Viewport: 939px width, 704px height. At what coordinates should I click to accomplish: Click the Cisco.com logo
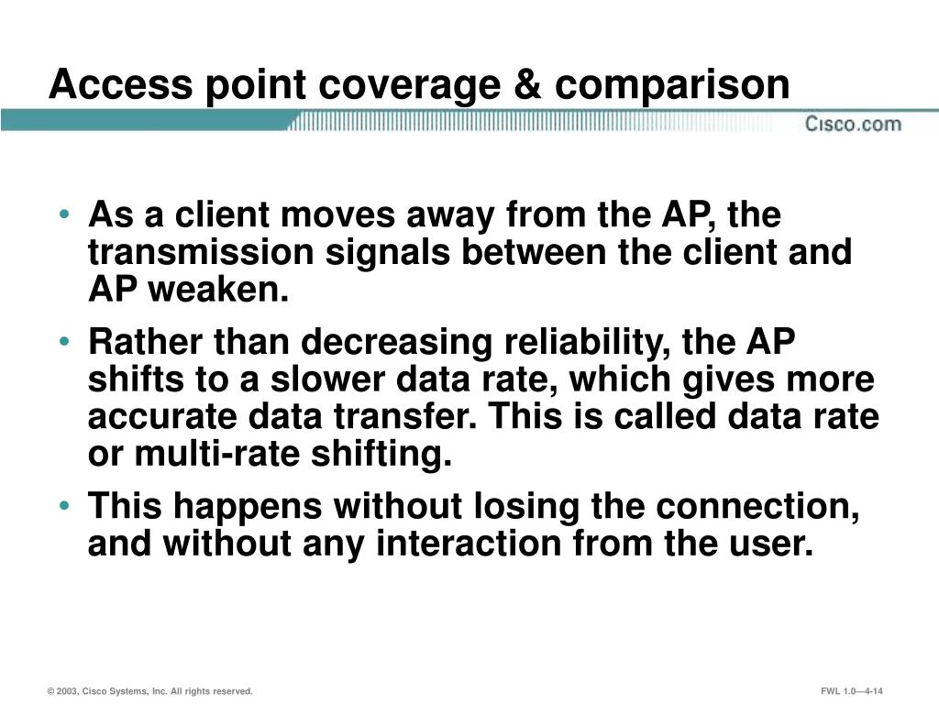[x=853, y=124]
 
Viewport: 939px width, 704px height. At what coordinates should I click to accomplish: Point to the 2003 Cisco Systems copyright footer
[x=150, y=691]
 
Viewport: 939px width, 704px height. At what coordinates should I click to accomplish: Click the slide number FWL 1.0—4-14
[x=857, y=691]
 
